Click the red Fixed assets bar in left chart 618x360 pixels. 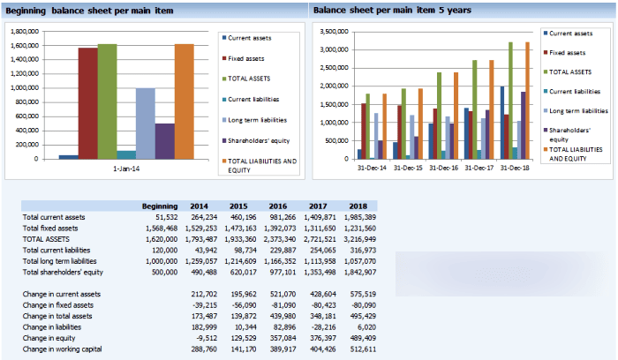(87, 103)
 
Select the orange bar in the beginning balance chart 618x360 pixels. (184, 101)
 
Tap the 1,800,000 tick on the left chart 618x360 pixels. (24, 30)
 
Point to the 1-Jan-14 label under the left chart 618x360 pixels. (126, 169)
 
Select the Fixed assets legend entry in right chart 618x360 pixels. (570, 53)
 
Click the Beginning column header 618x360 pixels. (160, 206)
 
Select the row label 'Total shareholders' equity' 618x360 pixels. (70, 273)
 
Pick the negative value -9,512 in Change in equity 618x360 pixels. (205, 338)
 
